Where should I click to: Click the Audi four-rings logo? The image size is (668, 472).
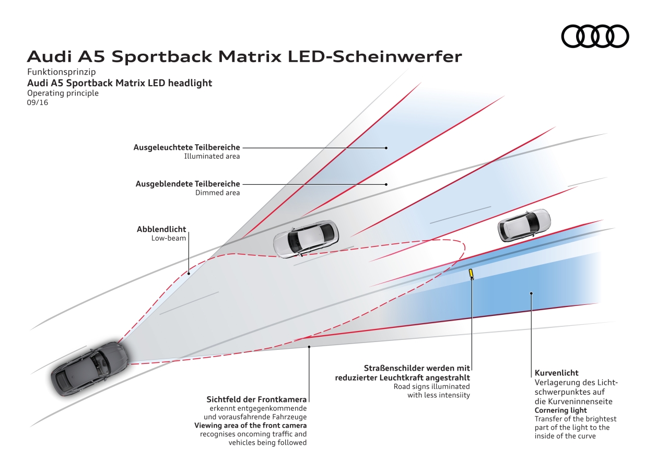[595, 36]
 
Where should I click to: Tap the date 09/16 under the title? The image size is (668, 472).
[38, 102]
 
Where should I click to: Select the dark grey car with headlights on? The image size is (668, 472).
[90, 368]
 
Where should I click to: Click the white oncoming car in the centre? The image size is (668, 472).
[306, 238]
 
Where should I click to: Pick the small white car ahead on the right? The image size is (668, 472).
[524, 225]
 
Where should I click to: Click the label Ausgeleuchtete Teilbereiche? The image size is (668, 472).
[186, 148]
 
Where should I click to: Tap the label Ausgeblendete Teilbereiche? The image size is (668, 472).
[187, 184]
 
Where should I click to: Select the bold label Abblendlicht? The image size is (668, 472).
[161, 229]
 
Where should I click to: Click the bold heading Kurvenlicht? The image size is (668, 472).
[556, 373]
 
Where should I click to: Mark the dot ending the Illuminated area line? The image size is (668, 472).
[386, 148]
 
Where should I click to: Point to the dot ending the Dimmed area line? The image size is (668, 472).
[386, 184]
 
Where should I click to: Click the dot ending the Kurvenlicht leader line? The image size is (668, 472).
[531, 293]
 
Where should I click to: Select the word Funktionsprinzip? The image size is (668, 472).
[61, 73]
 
